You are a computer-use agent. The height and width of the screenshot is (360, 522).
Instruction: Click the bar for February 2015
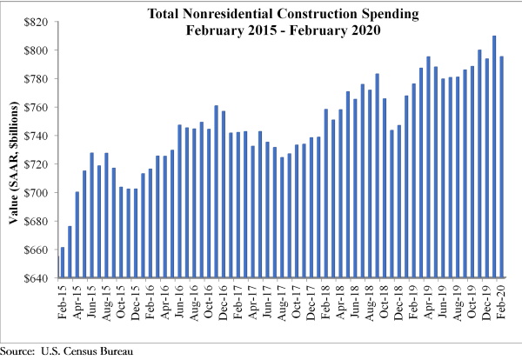[63, 263]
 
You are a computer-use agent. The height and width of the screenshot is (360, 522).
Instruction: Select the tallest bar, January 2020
[494, 157]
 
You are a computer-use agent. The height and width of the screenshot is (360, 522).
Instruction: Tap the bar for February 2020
[501, 167]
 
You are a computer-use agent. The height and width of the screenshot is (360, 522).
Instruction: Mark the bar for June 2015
[92, 215]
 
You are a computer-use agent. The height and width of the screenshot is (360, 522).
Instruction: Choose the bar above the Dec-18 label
[399, 201]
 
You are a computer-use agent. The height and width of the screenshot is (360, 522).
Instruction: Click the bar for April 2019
[428, 167]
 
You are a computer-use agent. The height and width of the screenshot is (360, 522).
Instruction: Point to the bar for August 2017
[282, 217]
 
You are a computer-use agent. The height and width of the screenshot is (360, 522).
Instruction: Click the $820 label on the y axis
[36, 22]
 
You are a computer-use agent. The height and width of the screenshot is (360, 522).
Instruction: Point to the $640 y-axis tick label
[36, 278]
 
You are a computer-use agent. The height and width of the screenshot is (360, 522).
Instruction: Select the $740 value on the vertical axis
[36, 136]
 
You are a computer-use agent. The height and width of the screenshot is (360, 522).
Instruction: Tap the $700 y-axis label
[36, 193]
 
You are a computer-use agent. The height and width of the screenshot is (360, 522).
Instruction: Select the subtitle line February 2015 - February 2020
[284, 30]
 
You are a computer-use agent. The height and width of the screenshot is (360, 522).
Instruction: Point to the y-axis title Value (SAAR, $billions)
[13, 163]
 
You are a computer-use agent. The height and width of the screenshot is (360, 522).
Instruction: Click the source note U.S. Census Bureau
[87, 351]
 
